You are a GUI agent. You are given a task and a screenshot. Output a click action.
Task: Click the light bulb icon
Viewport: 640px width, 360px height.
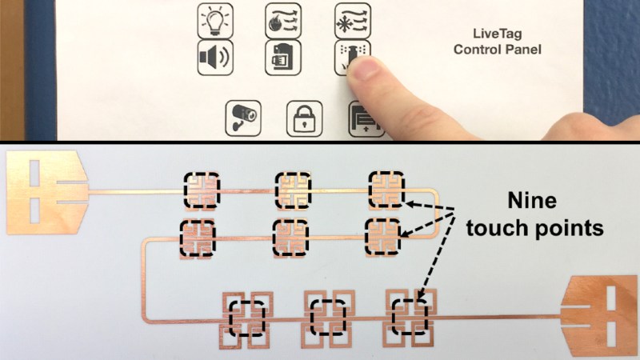(x=215, y=22)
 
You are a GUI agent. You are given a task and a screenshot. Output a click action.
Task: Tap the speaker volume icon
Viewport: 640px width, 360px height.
(x=215, y=58)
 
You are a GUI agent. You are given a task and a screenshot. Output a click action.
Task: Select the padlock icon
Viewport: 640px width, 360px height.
(x=305, y=118)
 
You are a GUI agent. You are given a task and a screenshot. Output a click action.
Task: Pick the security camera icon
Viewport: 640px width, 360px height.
(x=243, y=118)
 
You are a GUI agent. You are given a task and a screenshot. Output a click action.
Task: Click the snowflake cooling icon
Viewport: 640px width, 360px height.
(x=353, y=22)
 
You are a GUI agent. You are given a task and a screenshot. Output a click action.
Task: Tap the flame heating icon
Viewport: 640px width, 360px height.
(x=283, y=22)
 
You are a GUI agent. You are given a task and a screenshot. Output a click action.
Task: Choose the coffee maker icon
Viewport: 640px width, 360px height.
(x=283, y=58)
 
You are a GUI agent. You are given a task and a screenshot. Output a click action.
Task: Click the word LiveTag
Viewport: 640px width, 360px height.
(x=497, y=34)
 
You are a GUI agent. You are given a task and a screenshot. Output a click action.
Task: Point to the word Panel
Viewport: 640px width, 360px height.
(x=523, y=50)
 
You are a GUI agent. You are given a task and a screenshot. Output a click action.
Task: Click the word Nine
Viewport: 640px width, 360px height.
(x=532, y=201)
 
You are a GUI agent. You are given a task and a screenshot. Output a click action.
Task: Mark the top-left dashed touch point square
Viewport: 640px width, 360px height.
(x=202, y=189)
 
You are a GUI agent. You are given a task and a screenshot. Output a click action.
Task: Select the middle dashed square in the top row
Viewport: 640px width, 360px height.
(x=293, y=190)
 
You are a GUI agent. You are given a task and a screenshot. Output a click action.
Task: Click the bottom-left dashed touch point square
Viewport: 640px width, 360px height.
(x=247, y=318)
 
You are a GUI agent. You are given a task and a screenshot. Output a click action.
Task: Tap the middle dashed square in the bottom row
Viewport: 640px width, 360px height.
(x=328, y=317)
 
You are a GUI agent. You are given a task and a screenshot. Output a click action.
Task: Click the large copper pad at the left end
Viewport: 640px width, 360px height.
(x=47, y=192)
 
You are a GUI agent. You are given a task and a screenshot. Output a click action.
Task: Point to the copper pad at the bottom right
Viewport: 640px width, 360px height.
(x=599, y=315)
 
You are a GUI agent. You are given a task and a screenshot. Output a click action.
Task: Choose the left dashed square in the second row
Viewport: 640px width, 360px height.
(x=198, y=238)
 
